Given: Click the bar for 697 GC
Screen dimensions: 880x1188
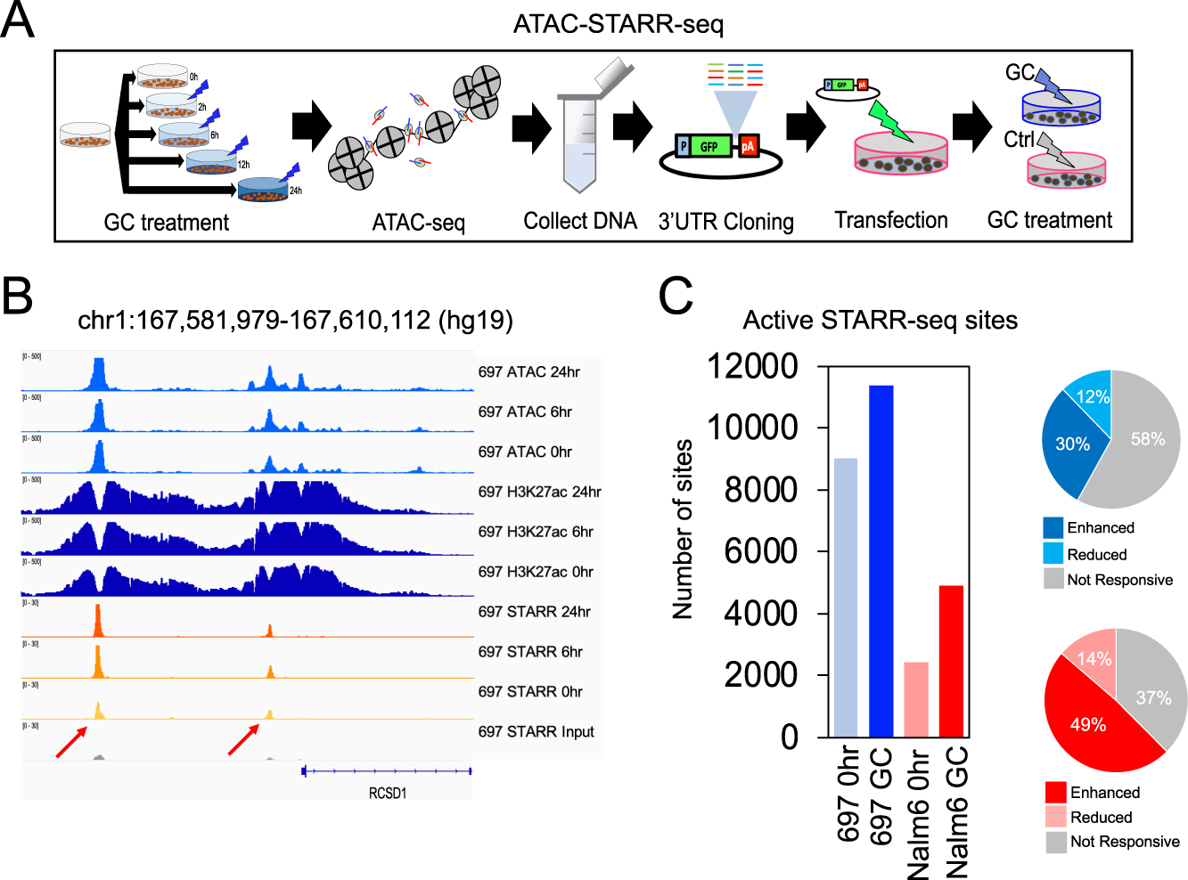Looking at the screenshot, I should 881,561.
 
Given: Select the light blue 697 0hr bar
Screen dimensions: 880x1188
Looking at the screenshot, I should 846,598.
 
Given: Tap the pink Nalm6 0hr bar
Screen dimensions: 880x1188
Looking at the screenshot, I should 916,699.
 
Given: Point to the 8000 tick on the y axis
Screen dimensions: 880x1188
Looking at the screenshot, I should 760,489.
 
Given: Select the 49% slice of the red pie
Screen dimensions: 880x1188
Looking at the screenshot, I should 1092,721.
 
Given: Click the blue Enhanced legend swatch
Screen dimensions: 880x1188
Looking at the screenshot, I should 1053,528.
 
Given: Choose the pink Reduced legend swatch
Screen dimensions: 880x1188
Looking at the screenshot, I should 1056,817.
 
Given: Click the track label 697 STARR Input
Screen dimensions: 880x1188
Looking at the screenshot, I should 536,732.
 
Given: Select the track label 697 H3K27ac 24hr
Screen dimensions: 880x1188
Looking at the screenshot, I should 539,492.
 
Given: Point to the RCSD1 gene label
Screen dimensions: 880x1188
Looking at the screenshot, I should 388,793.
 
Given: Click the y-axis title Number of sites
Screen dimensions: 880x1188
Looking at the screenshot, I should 683,529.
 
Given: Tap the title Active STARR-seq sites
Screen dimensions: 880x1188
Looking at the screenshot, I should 880,320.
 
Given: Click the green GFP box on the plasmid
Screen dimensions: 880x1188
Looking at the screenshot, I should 709,147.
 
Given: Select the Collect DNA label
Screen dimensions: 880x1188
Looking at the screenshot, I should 580,221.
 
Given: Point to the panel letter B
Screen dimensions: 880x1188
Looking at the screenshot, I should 17,297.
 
